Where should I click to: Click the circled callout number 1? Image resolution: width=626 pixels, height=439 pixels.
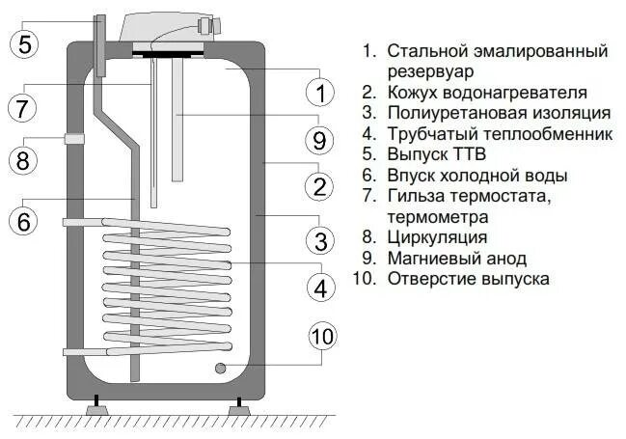318,93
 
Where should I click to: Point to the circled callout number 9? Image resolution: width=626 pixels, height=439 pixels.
318,140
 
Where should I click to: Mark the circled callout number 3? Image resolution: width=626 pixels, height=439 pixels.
318,238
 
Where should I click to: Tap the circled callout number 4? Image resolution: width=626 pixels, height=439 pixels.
318,287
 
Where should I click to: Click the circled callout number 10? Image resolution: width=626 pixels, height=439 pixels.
323,336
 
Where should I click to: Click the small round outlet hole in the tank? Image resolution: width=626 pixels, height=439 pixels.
222,367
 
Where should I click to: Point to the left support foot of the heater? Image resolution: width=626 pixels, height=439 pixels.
97,408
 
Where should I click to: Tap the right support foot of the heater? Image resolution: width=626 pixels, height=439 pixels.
235,408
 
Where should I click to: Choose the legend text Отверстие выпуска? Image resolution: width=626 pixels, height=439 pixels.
469,279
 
